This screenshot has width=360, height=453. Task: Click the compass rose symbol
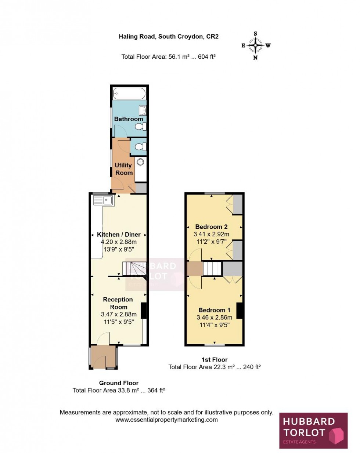click(x=255, y=46)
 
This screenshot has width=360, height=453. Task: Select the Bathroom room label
click(x=129, y=119)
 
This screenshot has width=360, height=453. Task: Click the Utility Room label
click(x=123, y=169)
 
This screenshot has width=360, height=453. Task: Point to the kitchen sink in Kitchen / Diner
click(x=104, y=200)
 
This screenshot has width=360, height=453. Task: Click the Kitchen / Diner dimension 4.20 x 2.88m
click(x=119, y=242)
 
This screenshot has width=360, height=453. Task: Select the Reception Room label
click(x=118, y=303)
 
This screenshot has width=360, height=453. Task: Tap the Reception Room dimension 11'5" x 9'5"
click(x=119, y=322)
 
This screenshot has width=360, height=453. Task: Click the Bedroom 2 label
click(x=211, y=227)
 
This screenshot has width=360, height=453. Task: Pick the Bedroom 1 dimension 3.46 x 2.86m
click(x=215, y=318)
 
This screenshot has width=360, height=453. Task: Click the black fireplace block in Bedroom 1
click(x=240, y=311)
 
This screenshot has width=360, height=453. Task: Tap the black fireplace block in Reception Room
click(x=144, y=310)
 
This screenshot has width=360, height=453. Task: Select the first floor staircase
click(x=213, y=268)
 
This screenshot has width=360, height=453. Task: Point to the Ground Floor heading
click(x=119, y=383)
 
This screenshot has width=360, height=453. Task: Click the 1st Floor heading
click(x=215, y=359)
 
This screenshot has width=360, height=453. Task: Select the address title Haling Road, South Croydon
click(x=169, y=36)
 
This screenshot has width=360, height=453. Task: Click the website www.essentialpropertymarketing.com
click(x=166, y=420)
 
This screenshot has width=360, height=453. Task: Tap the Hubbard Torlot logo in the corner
click(x=313, y=431)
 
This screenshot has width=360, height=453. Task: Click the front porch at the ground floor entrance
click(x=103, y=357)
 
